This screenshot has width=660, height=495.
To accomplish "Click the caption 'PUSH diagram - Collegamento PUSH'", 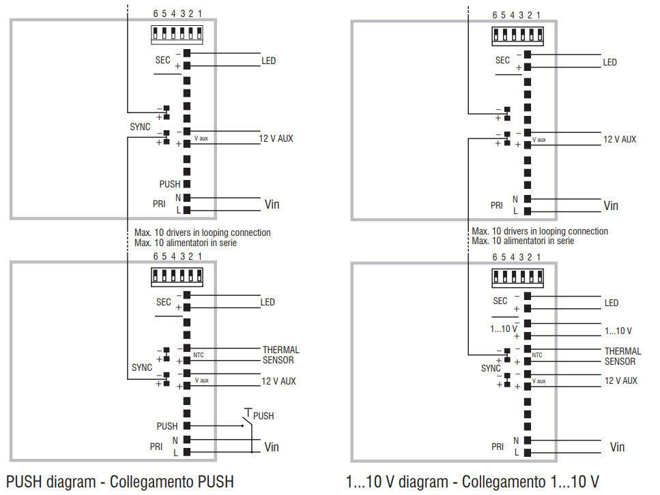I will tap(120, 482).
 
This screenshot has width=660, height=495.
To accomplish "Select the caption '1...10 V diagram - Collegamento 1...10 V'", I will tap(472, 482).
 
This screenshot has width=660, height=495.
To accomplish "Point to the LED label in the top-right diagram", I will tap(609, 62).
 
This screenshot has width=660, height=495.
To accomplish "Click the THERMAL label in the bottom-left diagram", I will tap(281, 350).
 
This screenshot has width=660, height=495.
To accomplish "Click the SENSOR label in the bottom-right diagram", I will tap(620, 361).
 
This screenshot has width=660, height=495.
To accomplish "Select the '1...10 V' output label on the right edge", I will tap(618, 331).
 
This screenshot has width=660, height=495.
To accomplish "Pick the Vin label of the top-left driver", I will tap(272, 205).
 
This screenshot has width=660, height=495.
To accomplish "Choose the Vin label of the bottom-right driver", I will tap(617, 447).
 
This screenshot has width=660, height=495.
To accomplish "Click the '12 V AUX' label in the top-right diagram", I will tap(619, 139).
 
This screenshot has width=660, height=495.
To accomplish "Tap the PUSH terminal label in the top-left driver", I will tap(170, 184).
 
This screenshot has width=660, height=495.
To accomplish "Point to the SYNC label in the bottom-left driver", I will tap(141, 367).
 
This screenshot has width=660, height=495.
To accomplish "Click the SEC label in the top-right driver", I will tap(502, 60).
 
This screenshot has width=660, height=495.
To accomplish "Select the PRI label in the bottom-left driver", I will tap(156, 447).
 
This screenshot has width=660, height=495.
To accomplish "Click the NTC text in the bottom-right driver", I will tap(537, 355).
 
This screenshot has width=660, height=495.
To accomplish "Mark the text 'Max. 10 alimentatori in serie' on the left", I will tap(186, 243).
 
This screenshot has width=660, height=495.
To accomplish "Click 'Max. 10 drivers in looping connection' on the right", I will tap(540, 231).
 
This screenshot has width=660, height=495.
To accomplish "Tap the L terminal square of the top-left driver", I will tap(186, 211).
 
